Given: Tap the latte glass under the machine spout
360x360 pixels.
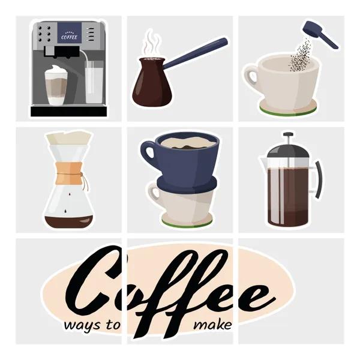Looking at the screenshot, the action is [x=56, y=85].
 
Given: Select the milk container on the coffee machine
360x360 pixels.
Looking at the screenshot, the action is [x=94, y=82].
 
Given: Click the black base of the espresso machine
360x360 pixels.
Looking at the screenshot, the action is [x=69, y=112].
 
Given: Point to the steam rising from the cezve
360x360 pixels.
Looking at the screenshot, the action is [x=151, y=44].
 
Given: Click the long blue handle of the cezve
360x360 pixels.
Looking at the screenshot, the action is [x=196, y=53].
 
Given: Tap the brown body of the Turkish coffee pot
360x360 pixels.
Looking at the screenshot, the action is [x=152, y=83].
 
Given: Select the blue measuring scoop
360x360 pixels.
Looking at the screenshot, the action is [x=320, y=34].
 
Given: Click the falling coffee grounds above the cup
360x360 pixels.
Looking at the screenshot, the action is [x=300, y=56].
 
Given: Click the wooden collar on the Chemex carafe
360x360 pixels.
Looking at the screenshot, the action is [x=70, y=173].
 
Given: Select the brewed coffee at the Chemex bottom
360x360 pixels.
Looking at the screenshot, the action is [x=69, y=221].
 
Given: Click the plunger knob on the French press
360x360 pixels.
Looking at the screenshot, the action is [x=288, y=134].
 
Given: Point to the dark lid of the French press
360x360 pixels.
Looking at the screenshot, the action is [x=288, y=151].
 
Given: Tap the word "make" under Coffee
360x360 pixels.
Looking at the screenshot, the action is [x=212, y=325].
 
